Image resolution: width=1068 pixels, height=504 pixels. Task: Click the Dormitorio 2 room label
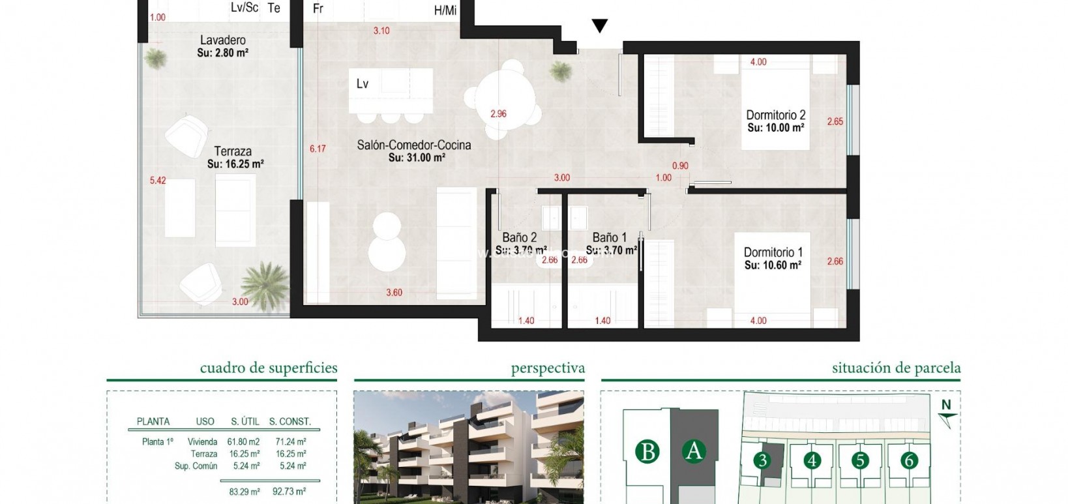click(x=775, y=115)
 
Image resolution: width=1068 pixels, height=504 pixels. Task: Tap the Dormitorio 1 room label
click(x=773, y=252)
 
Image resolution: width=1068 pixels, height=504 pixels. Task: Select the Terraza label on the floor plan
click(x=233, y=151)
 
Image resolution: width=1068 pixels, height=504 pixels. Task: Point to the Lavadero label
click(x=222, y=40)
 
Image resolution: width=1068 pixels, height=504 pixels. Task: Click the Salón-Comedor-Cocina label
click(x=413, y=145)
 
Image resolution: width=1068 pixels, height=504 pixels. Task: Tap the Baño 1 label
click(x=609, y=238)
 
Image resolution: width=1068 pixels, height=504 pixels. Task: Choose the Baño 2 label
click(x=519, y=238)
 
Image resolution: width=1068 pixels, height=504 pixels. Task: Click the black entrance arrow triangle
click(x=599, y=26)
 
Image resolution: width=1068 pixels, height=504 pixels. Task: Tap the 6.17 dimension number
click(x=318, y=149)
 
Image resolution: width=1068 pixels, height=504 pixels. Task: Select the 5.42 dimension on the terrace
click(x=158, y=181)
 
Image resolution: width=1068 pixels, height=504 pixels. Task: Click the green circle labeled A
click(x=694, y=451)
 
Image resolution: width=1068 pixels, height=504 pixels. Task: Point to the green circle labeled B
click(x=647, y=451)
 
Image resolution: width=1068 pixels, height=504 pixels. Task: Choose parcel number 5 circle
click(x=860, y=461)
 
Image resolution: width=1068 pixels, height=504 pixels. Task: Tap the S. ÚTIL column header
click(x=245, y=422)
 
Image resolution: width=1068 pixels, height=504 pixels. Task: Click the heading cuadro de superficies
click(x=269, y=368)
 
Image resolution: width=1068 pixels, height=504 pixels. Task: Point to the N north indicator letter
click(x=945, y=405)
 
